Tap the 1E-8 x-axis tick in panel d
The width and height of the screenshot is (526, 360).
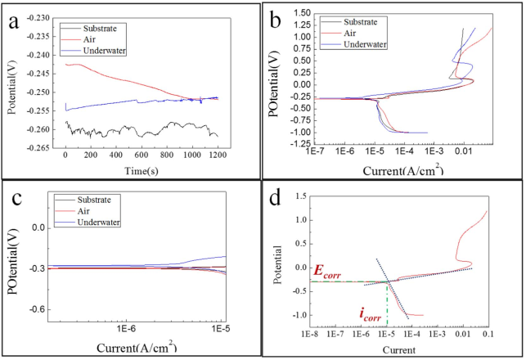309,335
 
